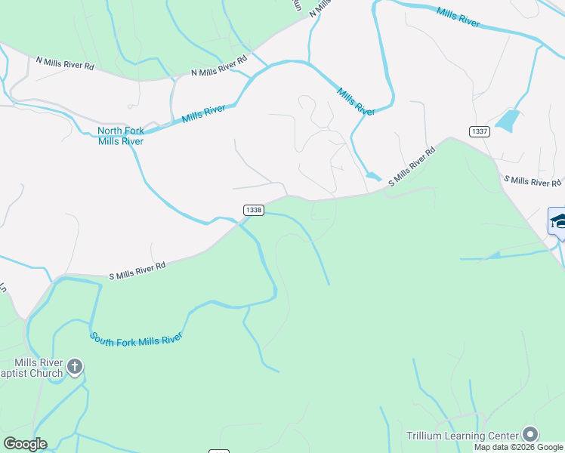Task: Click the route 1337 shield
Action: (479, 131)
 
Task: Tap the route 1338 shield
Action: (254, 210)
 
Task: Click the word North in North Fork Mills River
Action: (110, 131)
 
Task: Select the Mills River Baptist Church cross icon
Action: (74, 368)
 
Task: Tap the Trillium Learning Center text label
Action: (462, 436)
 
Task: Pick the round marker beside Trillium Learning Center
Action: (530, 434)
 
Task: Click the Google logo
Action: (25, 444)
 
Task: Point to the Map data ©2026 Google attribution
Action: (519, 447)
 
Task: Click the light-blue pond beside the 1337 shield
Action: (507, 120)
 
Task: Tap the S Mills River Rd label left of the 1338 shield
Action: (137, 270)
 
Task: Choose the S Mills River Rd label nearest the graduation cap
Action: (533, 181)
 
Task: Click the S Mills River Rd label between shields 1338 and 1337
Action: (412, 167)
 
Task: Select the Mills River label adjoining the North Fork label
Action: (203, 114)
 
